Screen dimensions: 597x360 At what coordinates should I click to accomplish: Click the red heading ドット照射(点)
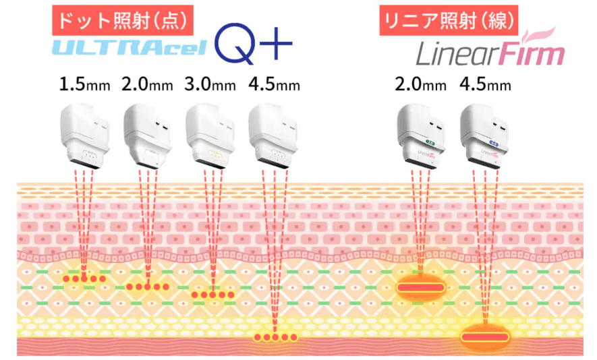tap(123, 20)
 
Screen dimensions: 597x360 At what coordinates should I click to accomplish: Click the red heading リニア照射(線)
tap(449, 20)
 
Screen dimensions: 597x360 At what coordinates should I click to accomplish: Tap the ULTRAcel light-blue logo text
tap(130, 47)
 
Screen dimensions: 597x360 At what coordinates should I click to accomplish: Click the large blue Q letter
tap(235, 43)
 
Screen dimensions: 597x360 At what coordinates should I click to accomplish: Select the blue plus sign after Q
tap(276, 44)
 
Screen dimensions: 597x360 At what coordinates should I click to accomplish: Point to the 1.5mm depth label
tap(84, 84)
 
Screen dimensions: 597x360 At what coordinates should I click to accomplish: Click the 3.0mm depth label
tap(210, 84)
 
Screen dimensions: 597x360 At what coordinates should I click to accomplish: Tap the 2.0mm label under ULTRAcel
tap(147, 84)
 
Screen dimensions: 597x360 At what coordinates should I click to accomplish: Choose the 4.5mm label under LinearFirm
tap(485, 84)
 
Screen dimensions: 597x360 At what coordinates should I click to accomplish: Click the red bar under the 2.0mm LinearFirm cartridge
tap(421, 287)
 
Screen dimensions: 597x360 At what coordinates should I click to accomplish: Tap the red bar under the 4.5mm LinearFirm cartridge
tap(484, 337)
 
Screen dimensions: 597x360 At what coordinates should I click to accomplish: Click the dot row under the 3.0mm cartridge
tap(212, 295)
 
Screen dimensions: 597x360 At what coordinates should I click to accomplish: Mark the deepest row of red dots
tap(275, 337)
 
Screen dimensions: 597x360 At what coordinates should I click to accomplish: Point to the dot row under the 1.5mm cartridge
tap(84, 279)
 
